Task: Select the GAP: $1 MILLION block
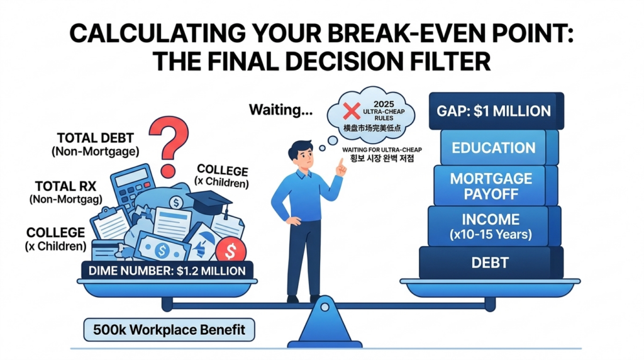[493, 111]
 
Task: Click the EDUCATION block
[492, 147]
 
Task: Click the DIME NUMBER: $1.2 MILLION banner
[167, 271]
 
